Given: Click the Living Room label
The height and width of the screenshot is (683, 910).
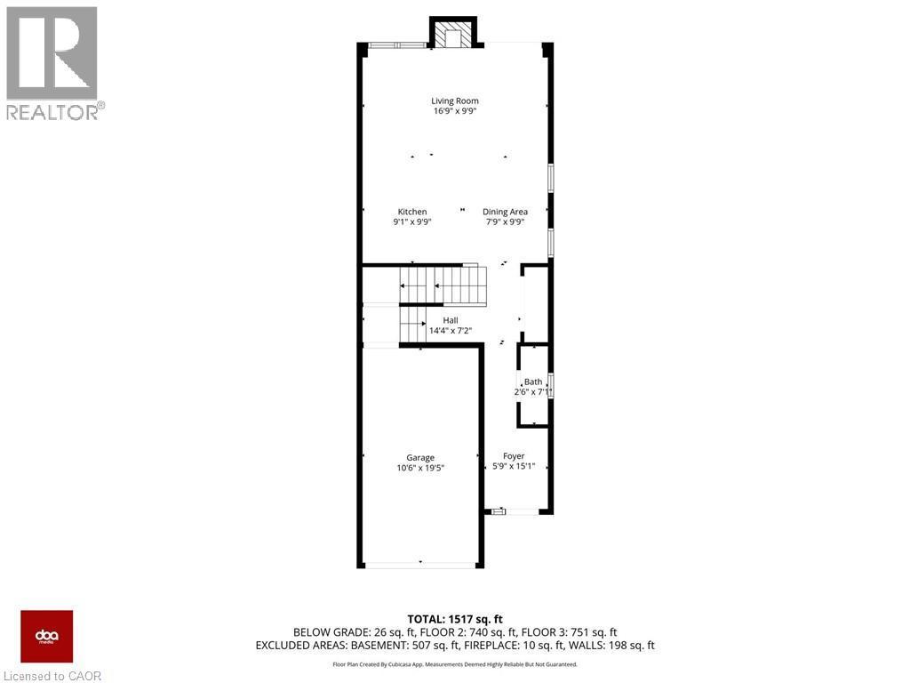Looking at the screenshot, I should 455,101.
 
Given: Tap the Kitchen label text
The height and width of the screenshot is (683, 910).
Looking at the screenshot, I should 411,212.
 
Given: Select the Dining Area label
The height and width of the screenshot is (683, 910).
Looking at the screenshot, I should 505,212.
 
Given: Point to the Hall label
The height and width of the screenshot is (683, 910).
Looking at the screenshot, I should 451,320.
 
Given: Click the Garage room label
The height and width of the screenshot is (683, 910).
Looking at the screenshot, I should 420,458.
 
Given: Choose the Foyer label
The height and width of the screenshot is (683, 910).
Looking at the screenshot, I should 514,456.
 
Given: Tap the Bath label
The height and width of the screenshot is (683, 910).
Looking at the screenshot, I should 532,382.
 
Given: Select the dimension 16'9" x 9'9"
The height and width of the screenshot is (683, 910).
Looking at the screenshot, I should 455,112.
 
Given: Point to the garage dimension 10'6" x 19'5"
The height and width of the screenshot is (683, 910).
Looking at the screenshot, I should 420,468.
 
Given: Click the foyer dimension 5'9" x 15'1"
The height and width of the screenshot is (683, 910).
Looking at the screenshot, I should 514,467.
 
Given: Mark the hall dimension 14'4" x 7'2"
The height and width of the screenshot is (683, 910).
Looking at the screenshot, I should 451,331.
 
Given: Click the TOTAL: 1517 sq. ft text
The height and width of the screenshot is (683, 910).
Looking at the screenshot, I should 455,619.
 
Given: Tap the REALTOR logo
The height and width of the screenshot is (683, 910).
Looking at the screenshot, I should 52,63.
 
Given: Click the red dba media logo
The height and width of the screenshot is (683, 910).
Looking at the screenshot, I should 46,636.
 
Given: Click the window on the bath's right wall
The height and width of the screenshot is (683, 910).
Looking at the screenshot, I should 551,385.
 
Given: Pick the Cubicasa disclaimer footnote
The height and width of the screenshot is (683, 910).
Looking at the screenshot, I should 455,664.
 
